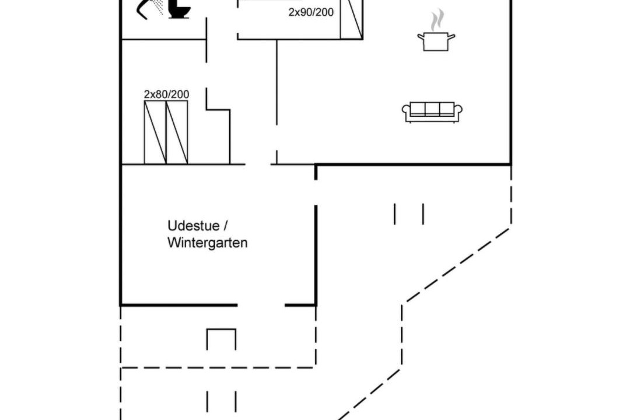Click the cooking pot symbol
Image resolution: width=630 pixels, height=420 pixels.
pyautogui.click(x=436, y=41)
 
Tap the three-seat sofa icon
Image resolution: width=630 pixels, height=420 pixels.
pyautogui.click(x=432, y=112)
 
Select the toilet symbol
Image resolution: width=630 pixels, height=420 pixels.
pyautogui.click(x=178, y=9)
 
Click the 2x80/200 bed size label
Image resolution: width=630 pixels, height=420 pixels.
pyautogui.click(x=166, y=94)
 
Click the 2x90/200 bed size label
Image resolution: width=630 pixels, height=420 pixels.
pyautogui.click(x=311, y=12)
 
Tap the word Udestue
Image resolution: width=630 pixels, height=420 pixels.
pyautogui.click(x=194, y=226)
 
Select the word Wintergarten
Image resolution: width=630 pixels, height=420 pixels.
pyautogui.click(x=207, y=243)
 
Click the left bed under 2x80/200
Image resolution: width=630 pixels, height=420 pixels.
pyautogui.click(x=155, y=132)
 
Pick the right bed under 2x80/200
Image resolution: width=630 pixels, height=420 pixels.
pyautogui.click(x=177, y=132)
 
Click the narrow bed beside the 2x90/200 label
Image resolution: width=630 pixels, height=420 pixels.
pyautogui.click(x=352, y=19)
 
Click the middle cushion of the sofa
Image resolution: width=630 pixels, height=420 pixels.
pyautogui.click(x=432, y=108)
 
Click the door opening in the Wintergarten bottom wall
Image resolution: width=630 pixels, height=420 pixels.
pyautogui.click(x=261, y=305)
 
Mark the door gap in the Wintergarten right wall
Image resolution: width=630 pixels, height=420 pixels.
pyautogui.click(x=316, y=192)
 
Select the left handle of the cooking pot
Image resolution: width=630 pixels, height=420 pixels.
pyautogui.click(x=421, y=37)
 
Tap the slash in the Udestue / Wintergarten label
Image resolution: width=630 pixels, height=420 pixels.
pyautogui.click(x=225, y=226)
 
